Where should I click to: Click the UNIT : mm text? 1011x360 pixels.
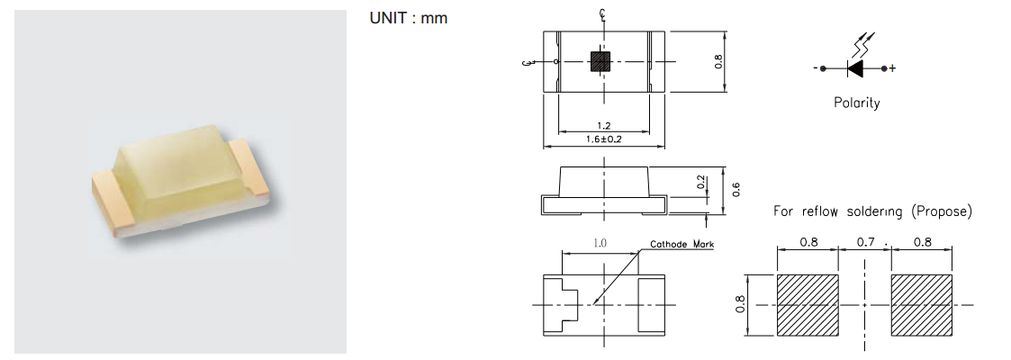click(408, 19)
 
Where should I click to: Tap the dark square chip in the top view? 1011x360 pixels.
click(600, 61)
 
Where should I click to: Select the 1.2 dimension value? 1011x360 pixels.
click(603, 126)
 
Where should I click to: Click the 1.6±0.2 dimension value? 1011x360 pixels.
click(604, 139)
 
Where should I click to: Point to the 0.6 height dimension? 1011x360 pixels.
click(736, 189)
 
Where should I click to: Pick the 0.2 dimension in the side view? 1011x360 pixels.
click(702, 183)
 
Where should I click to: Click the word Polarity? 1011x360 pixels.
click(856, 103)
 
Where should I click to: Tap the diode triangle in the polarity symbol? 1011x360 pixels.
click(855, 67)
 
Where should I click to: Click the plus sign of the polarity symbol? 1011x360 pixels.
click(891, 68)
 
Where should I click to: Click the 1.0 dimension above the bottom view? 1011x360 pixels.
click(600, 243)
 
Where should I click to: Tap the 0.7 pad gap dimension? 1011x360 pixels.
click(864, 242)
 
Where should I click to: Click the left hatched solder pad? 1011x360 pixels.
click(808, 305)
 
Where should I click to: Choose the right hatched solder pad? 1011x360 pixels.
click(922, 305)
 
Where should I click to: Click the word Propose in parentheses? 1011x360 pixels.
click(940, 211)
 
